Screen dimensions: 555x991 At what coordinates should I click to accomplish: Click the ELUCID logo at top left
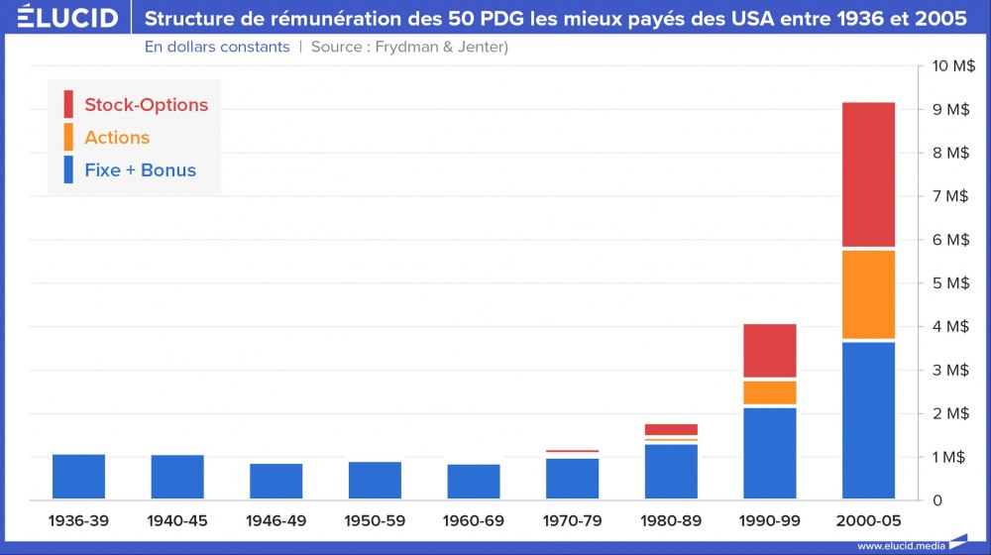click(x=60, y=18)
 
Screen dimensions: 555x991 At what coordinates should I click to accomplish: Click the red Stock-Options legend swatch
click(x=68, y=104)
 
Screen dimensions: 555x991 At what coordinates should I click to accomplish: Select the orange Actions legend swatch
click(x=68, y=137)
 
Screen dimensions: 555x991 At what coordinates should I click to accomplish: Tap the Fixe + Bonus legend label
click(x=140, y=169)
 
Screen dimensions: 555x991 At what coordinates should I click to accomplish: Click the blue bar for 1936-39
click(x=78, y=477)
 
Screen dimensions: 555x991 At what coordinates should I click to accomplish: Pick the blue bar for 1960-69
click(x=474, y=482)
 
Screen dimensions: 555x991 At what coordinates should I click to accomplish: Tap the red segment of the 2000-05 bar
click(x=868, y=173)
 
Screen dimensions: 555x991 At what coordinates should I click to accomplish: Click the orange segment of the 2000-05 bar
click(x=868, y=294)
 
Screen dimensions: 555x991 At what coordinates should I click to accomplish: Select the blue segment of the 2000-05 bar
click(x=868, y=420)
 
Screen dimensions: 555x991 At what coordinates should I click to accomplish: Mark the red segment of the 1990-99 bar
click(x=770, y=351)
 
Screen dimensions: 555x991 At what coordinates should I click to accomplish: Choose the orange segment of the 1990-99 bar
click(x=770, y=392)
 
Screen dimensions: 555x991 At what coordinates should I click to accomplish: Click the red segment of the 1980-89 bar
click(x=671, y=429)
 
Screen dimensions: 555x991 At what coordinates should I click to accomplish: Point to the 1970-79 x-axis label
click(x=573, y=520)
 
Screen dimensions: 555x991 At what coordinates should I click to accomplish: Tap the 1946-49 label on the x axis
click(x=275, y=520)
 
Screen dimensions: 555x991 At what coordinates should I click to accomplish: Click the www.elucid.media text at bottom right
click(x=900, y=545)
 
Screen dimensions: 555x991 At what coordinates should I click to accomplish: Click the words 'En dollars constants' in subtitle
click(x=217, y=47)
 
